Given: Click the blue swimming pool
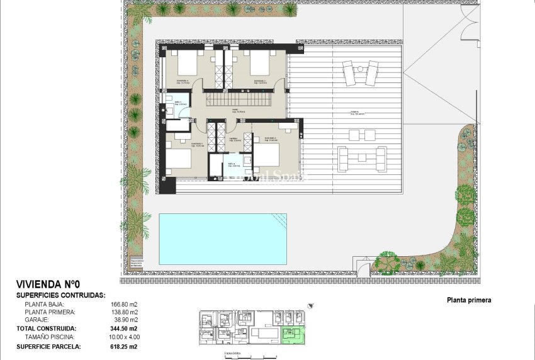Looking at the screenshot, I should (223, 239).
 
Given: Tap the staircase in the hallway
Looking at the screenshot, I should (236, 99).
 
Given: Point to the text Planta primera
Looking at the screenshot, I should (469, 300).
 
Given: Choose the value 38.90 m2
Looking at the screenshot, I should (121, 320).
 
